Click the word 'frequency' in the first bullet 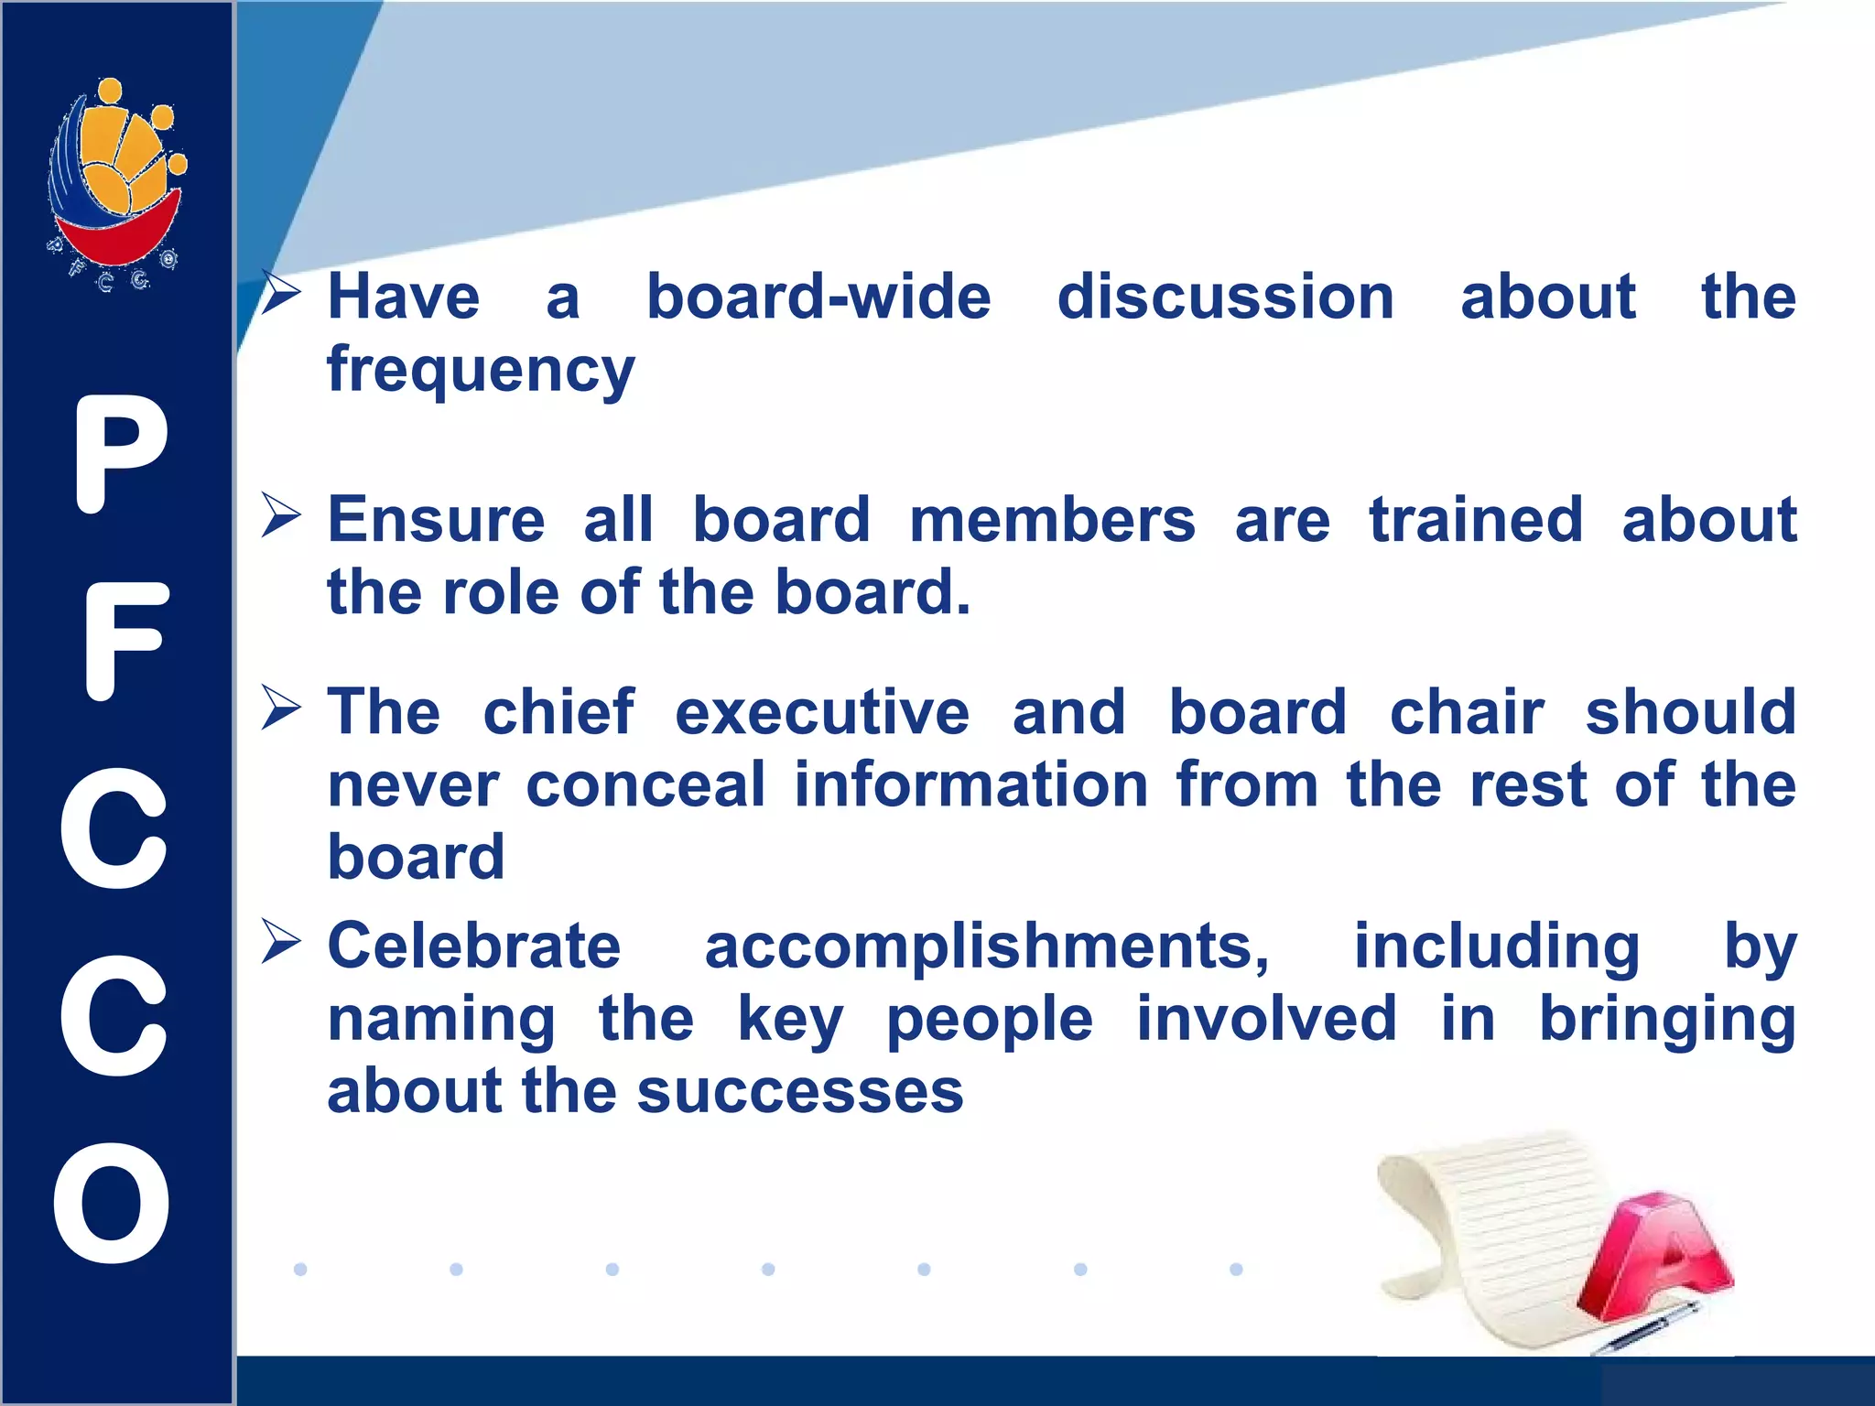pos(481,370)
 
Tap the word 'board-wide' pos(818,297)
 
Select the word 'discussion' pos(1225,297)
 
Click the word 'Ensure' pos(437,520)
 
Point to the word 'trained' pos(1475,520)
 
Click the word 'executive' pos(822,712)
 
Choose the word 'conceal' pos(645,784)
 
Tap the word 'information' pos(970,784)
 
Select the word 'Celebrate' pos(474,946)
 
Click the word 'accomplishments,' pos(987,946)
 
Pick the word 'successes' pos(800,1091)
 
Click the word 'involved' pos(1266,1018)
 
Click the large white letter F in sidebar pos(125,641)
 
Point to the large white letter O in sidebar pos(113,1203)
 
